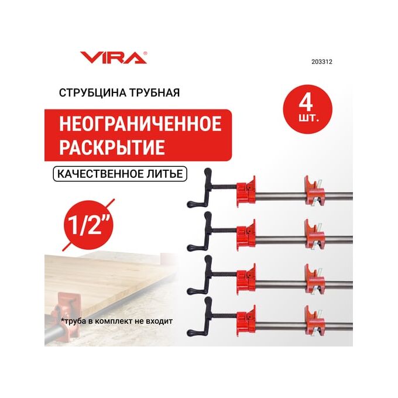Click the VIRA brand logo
[x=113, y=57]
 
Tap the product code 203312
[x=321, y=61]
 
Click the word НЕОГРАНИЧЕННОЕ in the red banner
[x=140, y=124]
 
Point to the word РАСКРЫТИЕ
[x=112, y=147]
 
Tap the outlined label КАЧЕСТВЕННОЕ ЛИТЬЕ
[x=120, y=174]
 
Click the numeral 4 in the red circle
[x=306, y=104]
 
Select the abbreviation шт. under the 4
[x=308, y=118]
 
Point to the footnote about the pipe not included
[x=116, y=321]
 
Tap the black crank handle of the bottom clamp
[x=202, y=317]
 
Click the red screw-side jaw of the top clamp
[x=246, y=191]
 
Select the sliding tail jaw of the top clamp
[x=314, y=192]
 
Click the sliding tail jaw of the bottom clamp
[x=314, y=321]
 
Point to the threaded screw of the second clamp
[x=224, y=230]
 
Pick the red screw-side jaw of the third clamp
[x=246, y=279]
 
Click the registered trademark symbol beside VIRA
[x=145, y=53]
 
